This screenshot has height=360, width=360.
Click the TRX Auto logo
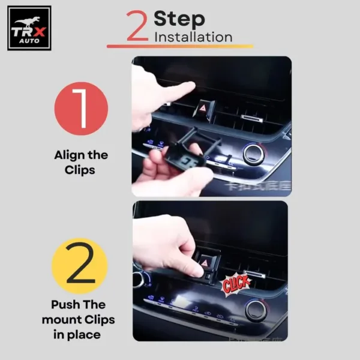29,28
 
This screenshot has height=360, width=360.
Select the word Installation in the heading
193,37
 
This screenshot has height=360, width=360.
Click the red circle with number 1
81,109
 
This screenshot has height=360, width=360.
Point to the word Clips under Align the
81,170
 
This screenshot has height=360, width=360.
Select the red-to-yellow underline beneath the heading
180,46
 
